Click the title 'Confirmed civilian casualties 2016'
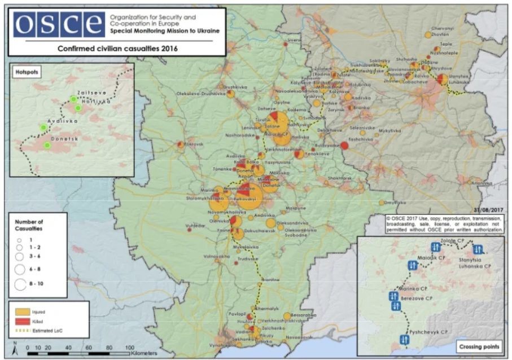tap(117, 49)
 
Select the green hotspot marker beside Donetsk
tap(47, 146)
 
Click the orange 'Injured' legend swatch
tap(21, 311)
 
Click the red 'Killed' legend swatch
tap(21, 320)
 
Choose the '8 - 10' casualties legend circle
tap(20, 284)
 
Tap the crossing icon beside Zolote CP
tap(436, 247)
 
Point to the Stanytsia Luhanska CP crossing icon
tap(478, 249)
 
